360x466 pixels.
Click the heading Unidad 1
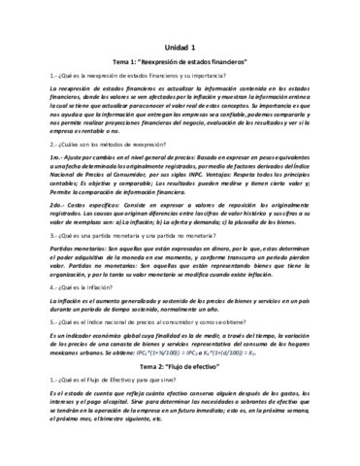(x=180, y=47)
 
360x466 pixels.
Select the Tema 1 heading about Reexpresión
(x=180, y=61)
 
